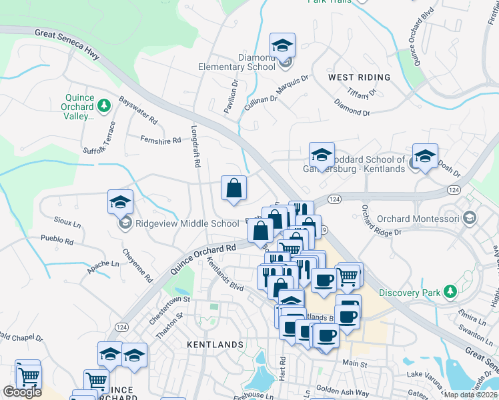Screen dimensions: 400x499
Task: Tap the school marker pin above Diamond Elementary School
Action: [x=283, y=46]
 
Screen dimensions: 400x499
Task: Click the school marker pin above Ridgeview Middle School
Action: [x=121, y=202]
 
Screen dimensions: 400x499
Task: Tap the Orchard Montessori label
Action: [x=418, y=219]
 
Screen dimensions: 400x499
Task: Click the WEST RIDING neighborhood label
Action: [x=359, y=77]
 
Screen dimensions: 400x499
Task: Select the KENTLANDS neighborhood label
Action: [x=215, y=345]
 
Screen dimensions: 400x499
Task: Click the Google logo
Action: [x=22, y=392]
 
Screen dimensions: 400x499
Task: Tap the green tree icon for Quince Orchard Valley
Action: [x=103, y=105]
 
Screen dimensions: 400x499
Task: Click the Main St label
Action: [x=355, y=365]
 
